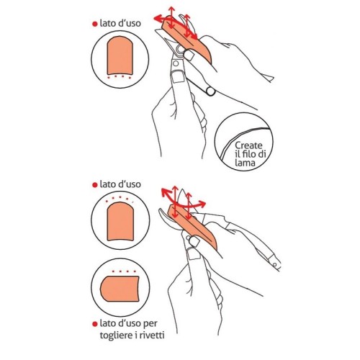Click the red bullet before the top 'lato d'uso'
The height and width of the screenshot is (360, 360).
[x=94, y=24]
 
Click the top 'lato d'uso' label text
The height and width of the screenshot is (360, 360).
[x=120, y=23]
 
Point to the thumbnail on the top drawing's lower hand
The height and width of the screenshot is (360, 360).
[x=177, y=91]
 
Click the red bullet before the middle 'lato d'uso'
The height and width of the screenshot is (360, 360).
[x=94, y=186]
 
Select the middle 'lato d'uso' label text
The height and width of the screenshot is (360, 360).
[x=120, y=186]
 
